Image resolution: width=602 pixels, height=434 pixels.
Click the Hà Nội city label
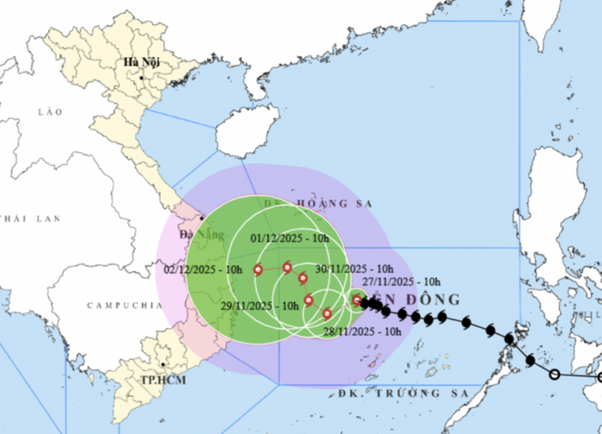(142, 62)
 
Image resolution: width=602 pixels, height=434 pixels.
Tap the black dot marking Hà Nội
(142, 78)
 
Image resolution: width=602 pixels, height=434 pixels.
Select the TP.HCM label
(163, 380)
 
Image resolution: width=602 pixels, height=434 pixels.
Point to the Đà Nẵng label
(202, 235)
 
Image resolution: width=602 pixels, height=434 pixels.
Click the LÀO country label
(50, 112)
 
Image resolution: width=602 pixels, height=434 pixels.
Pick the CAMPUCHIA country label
(124, 305)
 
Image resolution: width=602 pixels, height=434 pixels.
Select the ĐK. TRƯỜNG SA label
(404, 393)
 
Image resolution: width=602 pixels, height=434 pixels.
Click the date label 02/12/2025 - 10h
(204, 270)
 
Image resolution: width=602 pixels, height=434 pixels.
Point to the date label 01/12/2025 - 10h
(289, 239)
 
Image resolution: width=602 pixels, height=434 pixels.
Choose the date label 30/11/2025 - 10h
(354, 269)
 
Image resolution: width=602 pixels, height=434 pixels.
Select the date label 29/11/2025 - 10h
(260, 306)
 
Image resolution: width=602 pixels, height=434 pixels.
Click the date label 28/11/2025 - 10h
(362, 331)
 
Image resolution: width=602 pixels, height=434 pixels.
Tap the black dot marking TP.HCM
(162, 365)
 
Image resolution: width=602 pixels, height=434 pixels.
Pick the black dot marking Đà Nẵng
(202, 218)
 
